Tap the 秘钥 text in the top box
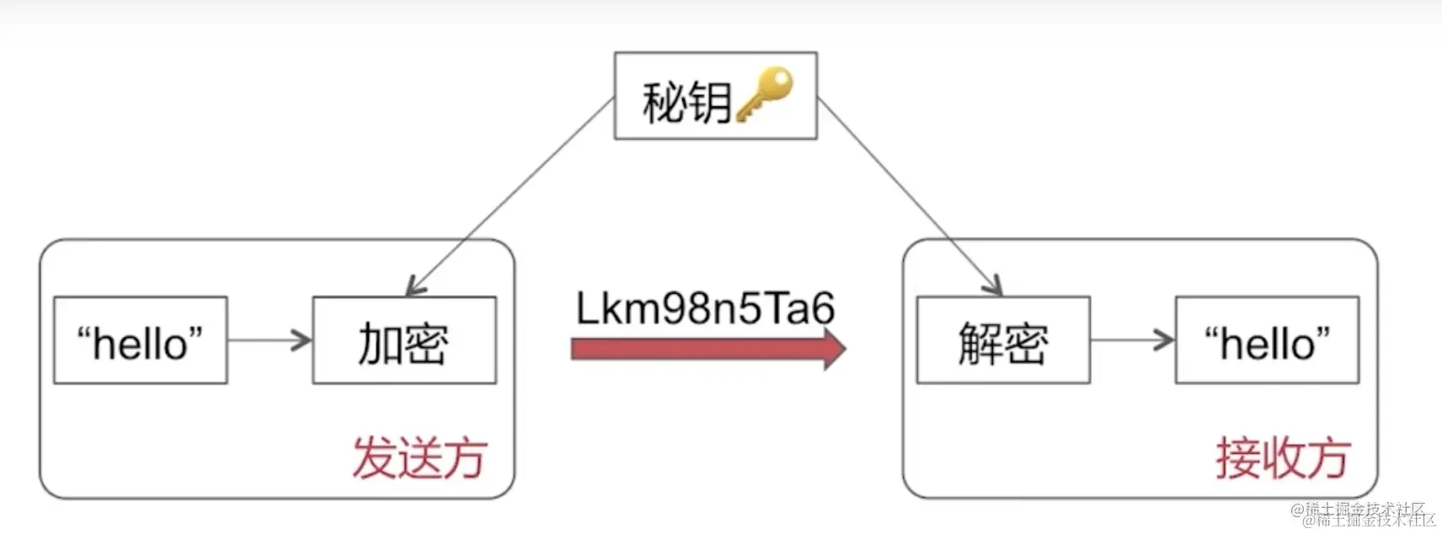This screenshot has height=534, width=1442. [x=686, y=103]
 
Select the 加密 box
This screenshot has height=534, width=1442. [x=404, y=341]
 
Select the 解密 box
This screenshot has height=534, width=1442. [x=1002, y=341]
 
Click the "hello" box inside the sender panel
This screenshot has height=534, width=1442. [x=141, y=341]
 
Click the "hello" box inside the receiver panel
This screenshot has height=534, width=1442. [x=1267, y=341]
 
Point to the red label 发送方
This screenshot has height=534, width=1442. [x=419, y=458]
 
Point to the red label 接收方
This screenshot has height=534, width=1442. [x=1282, y=458]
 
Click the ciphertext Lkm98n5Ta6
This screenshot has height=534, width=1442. [x=705, y=307]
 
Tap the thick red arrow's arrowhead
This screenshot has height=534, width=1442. [x=833, y=349]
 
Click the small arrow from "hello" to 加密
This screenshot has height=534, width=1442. [x=270, y=341]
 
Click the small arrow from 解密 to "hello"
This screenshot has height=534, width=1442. [x=1132, y=341]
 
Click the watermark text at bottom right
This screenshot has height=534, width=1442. [x=1365, y=514]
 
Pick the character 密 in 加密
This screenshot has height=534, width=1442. [x=426, y=344]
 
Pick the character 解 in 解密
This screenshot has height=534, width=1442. [x=980, y=344]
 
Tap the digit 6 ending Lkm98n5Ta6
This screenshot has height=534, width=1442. [x=822, y=308]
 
